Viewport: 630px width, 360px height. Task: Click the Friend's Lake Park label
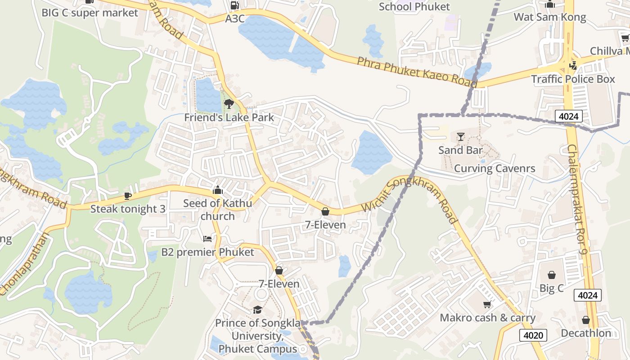(x=229, y=117)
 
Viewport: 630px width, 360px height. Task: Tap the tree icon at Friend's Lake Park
(x=229, y=104)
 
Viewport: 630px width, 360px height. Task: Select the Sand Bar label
(x=460, y=150)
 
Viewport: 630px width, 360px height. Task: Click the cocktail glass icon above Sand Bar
(x=460, y=136)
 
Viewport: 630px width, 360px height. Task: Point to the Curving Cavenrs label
(x=495, y=168)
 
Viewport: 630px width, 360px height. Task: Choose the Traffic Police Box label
(x=573, y=79)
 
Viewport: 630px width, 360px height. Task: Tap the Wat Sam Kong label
(x=550, y=17)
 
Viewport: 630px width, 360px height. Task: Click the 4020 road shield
(x=533, y=335)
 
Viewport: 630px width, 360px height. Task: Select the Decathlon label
(x=586, y=333)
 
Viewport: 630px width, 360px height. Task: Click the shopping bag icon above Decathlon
(x=586, y=320)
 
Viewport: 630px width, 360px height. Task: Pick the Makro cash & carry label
(x=487, y=318)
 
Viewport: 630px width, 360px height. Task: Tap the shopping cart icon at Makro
(x=487, y=305)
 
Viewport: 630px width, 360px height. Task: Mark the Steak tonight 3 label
(x=128, y=209)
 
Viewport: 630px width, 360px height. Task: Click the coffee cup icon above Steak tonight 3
(x=128, y=196)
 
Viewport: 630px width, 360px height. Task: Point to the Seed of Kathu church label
(x=218, y=210)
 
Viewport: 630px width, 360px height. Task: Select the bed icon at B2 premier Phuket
(x=207, y=238)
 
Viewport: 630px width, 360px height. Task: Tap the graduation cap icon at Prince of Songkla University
(x=257, y=310)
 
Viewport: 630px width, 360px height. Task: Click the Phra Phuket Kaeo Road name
(x=417, y=72)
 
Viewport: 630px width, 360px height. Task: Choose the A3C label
(x=234, y=18)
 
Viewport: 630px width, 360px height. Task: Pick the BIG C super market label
(x=90, y=13)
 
